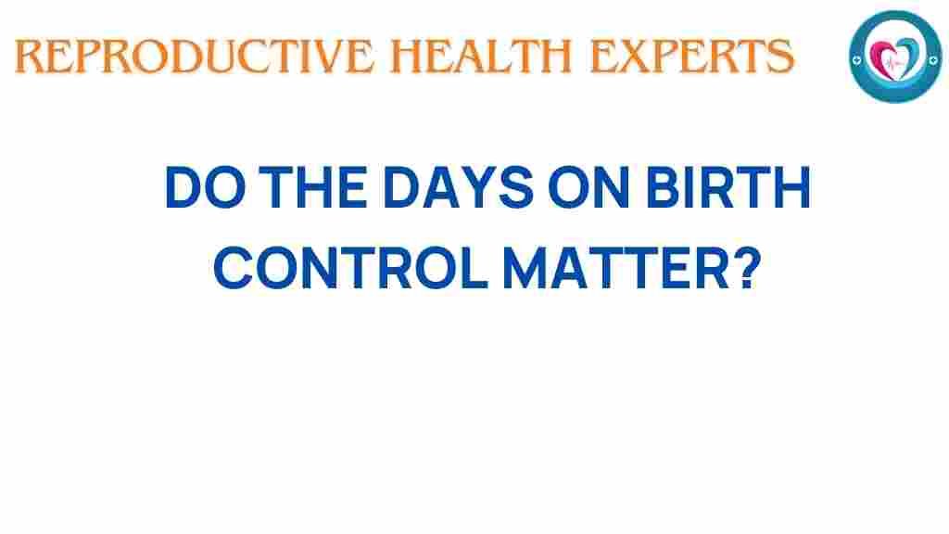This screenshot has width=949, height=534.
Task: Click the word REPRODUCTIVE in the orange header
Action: [x=194, y=57]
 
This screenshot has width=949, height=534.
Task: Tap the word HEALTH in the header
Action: [x=481, y=57]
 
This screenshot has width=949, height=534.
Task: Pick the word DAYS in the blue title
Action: [x=458, y=187]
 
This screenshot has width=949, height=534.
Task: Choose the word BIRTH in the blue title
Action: [x=728, y=187]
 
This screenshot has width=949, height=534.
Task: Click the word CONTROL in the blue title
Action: [x=350, y=268]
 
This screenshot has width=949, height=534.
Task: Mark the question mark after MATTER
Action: [x=747, y=268]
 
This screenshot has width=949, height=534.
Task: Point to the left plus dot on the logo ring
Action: [x=856, y=59]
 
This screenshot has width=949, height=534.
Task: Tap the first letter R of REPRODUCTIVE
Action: [x=29, y=57]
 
